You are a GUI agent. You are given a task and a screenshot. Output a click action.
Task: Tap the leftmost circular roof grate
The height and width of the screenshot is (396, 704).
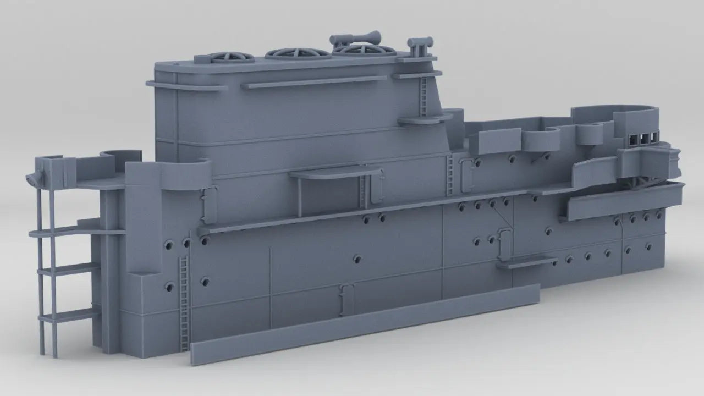(x=224, y=57)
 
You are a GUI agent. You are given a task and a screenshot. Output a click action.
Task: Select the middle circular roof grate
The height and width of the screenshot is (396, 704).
(x=290, y=53)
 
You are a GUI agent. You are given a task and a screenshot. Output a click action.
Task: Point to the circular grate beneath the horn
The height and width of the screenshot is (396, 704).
(x=365, y=50)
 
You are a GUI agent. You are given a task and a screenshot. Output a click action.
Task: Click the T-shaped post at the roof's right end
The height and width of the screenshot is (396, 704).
(x=420, y=45)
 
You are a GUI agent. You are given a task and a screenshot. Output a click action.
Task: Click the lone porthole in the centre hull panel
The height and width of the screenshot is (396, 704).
(x=358, y=258)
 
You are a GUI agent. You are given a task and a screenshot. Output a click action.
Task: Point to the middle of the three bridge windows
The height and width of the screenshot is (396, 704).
(x=644, y=138)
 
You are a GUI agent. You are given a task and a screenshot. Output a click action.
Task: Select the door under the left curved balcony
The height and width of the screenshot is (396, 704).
(x=209, y=204)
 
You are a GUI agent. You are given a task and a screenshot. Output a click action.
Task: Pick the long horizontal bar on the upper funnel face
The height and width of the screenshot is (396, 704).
(x=313, y=81)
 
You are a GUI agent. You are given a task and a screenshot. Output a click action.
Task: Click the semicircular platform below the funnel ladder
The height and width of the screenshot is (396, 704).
(x=421, y=119)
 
